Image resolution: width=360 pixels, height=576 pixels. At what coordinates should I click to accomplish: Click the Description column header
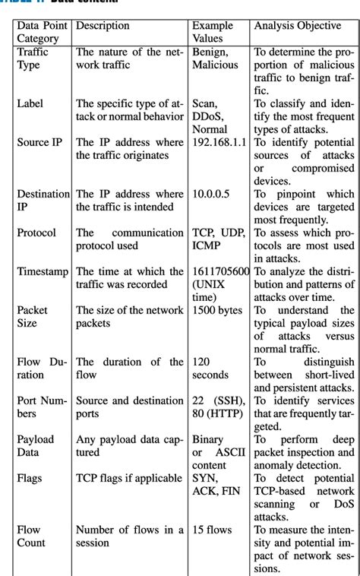tap(103, 26)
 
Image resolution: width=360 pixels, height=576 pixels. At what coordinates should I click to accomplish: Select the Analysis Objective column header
tap(297, 26)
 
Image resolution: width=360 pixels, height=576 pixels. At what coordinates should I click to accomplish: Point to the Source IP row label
tap(39, 142)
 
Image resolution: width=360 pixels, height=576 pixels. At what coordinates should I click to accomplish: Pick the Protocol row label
tap(36, 233)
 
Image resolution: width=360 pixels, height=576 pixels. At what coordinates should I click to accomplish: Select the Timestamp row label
tap(43, 271)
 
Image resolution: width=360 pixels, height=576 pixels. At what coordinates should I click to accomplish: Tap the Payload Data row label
tap(36, 446)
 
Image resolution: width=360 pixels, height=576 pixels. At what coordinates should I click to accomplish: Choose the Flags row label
tap(30, 478)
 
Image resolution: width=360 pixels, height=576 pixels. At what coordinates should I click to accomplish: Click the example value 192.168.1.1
tap(220, 142)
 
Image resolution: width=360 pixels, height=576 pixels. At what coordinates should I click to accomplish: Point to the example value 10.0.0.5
tap(211, 194)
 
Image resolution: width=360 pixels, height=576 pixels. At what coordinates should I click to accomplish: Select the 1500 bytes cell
tap(217, 310)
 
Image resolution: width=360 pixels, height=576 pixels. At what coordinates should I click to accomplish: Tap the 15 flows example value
tap(213, 529)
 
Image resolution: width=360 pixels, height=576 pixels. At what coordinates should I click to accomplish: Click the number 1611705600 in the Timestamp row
tap(221, 271)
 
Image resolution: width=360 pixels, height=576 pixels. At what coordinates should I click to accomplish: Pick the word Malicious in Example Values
tap(216, 65)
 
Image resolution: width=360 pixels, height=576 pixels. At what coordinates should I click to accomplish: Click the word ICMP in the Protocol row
tap(207, 245)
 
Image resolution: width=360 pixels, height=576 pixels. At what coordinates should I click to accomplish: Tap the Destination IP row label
tap(43, 200)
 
